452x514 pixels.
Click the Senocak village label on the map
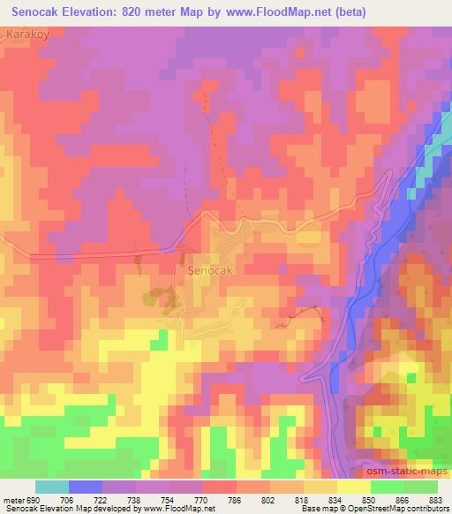210,271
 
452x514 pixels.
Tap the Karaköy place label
26,33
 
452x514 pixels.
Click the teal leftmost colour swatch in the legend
52,487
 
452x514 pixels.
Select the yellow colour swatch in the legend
353,487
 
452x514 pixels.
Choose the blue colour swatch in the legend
86,487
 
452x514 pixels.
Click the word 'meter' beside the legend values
11,500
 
